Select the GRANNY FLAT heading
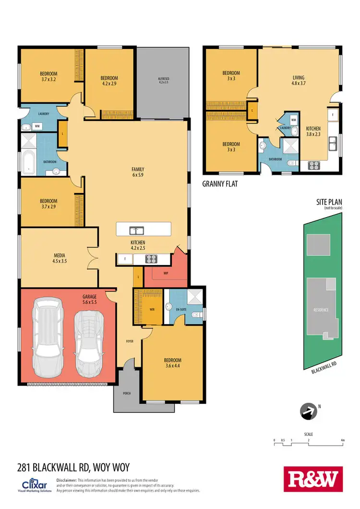220,183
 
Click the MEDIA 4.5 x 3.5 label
59,258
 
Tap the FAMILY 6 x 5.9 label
138,172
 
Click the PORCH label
126,393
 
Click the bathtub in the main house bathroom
28,162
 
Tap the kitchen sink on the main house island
137,229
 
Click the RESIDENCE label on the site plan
321,310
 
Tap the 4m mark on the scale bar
343,440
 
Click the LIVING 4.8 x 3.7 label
299,80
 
